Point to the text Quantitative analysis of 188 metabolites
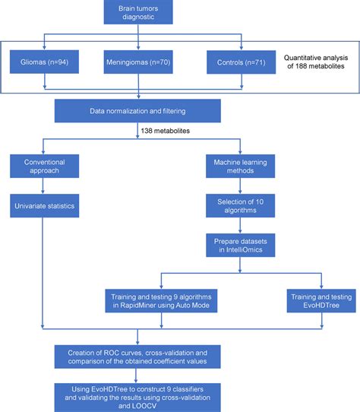pos(315,63)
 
